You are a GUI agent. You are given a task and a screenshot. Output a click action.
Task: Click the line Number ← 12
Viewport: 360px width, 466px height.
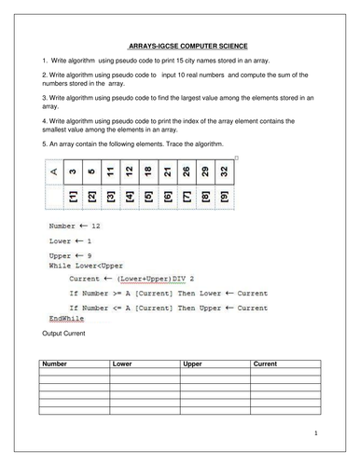tap(74, 226)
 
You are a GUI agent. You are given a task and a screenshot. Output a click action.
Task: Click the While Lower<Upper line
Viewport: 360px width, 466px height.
tap(88, 265)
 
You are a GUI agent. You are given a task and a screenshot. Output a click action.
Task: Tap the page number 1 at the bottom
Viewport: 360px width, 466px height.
tap(316, 432)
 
